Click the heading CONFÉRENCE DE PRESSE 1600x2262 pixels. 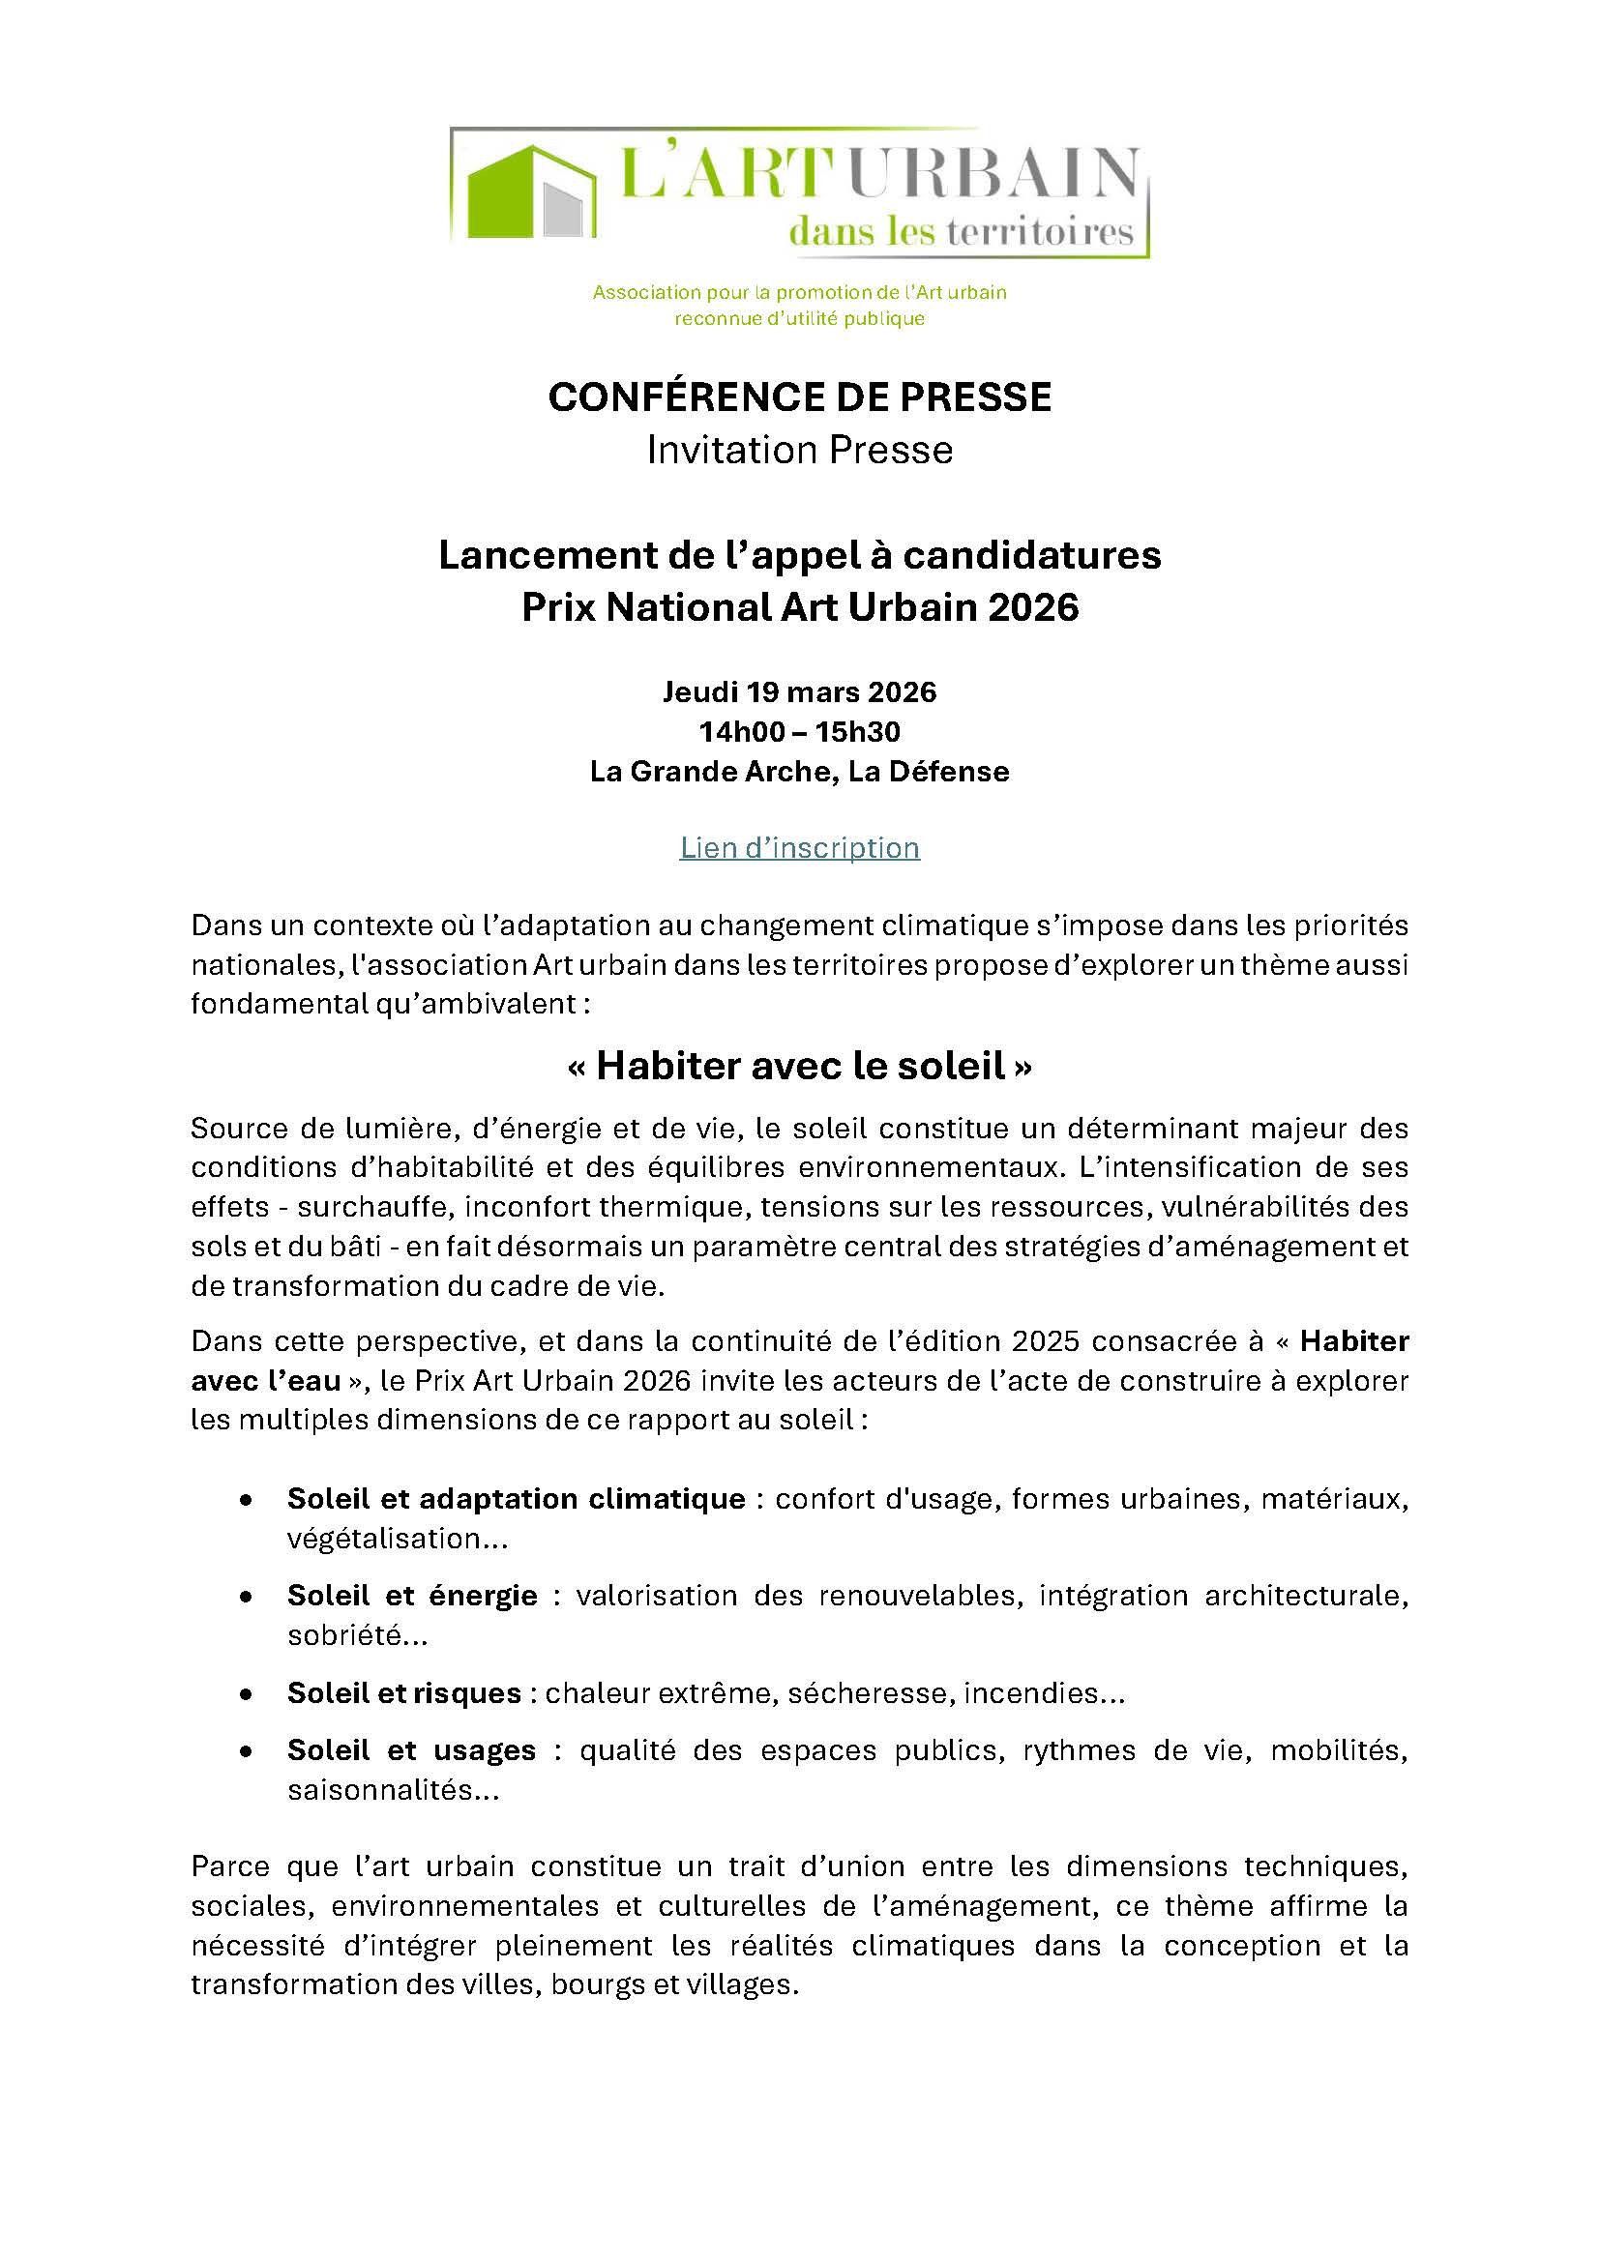pyautogui.click(x=799, y=397)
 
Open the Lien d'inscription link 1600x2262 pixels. pyautogui.click(x=799, y=847)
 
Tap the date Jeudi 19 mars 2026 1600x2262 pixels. pyautogui.click(x=799, y=692)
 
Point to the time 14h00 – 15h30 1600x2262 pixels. pyautogui.click(x=799, y=732)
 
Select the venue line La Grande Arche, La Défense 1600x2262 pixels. pyautogui.click(x=799, y=772)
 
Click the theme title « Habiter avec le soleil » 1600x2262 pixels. pyautogui.click(x=799, y=1066)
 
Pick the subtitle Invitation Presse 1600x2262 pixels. pyautogui.click(x=799, y=450)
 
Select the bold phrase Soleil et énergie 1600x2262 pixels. pyautogui.click(x=412, y=1595)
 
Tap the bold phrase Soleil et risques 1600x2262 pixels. pyautogui.click(x=404, y=1692)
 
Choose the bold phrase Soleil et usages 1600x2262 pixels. pyautogui.click(x=411, y=1749)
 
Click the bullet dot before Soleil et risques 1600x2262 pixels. pyautogui.click(x=246, y=1693)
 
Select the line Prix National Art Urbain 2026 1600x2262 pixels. pyautogui.click(x=799, y=607)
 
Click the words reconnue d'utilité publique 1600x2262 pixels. pyautogui.click(x=799, y=319)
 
